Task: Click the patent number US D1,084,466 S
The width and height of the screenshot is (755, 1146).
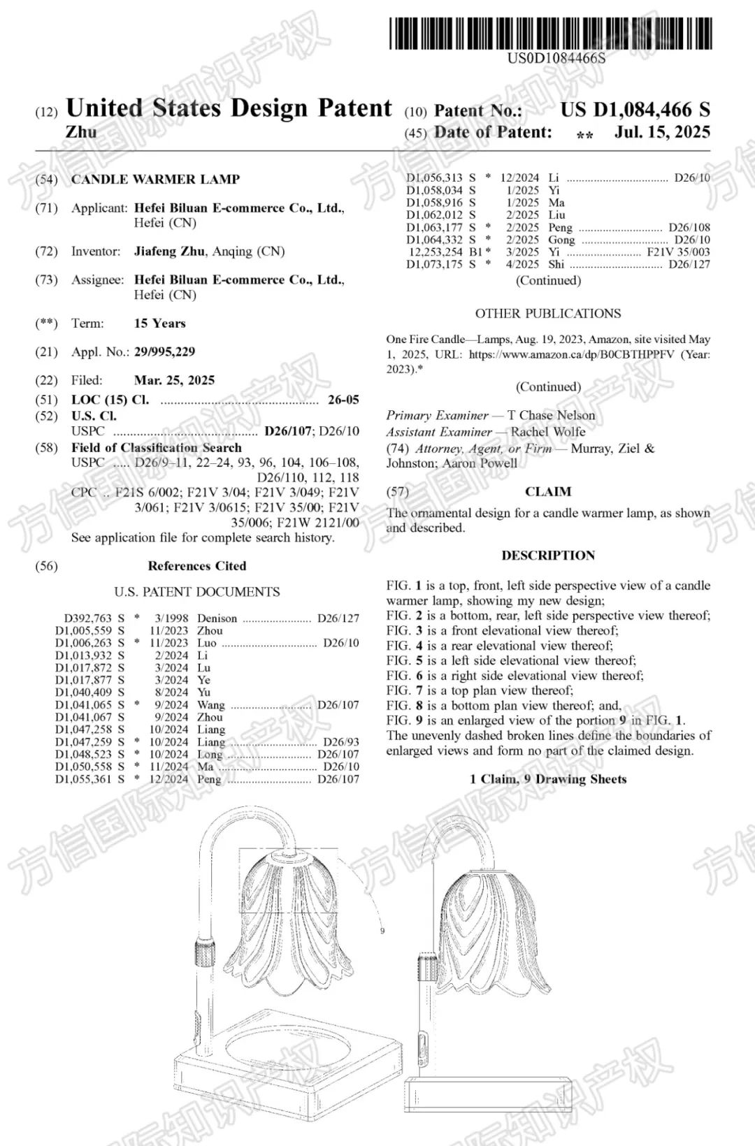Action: click(x=635, y=110)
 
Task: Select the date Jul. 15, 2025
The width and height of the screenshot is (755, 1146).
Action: click(x=662, y=132)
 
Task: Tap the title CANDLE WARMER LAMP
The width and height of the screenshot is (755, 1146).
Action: click(x=155, y=180)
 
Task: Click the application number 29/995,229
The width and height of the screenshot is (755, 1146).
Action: click(x=164, y=351)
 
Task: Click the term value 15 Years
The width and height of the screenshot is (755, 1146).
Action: click(x=159, y=324)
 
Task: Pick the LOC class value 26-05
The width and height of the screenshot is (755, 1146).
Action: click(x=343, y=400)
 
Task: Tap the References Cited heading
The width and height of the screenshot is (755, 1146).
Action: click(x=196, y=566)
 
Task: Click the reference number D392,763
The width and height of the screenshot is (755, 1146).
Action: click(x=89, y=618)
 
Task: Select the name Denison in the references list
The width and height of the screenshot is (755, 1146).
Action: click(x=217, y=618)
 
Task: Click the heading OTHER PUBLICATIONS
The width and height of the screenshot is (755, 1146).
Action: click(x=547, y=314)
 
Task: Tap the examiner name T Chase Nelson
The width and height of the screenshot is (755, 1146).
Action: click(x=551, y=415)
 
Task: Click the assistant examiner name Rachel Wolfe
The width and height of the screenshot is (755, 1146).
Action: click(x=547, y=432)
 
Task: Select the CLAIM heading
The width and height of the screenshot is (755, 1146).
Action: click(x=547, y=492)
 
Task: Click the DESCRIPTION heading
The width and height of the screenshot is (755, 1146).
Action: click(x=547, y=556)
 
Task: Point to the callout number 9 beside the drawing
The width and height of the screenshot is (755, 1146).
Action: click(x=382, y=931)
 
